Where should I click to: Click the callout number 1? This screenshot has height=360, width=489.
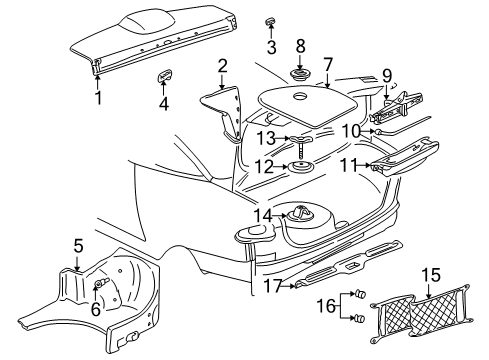(x=98, y=99)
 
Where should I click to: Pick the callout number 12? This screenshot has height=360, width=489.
(x=265, y=165)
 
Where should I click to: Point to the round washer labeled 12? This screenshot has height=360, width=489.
(x=299, y=165)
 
